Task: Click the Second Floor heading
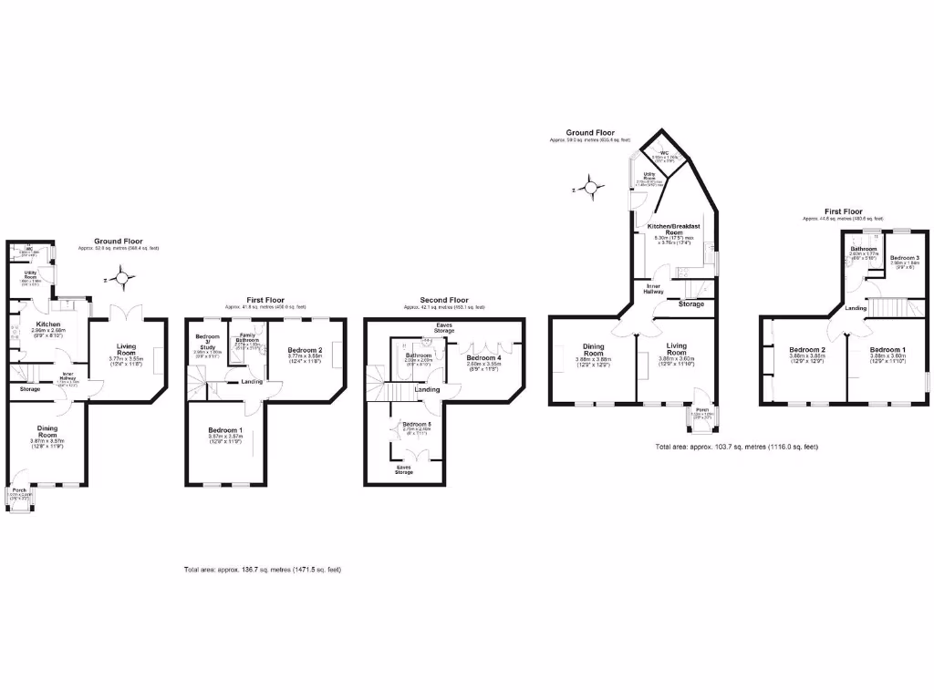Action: tap(444, 299)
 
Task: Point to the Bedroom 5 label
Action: tap(416, 424)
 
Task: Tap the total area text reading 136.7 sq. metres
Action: tap(263, 570)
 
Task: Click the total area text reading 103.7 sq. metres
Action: tap(737, 447)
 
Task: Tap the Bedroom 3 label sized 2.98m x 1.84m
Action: tap(905, 258)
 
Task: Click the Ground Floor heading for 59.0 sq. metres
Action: tap(589, 133)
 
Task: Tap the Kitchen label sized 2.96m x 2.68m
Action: tap(47, 324)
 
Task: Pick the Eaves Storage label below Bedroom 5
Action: tap(402, 468)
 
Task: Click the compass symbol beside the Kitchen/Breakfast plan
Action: tap(591, 190)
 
